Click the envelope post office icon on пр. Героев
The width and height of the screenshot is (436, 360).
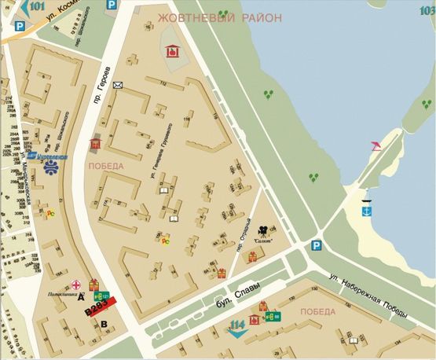(x=118, y=85)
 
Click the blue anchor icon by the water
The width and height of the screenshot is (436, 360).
(x=366, y=210)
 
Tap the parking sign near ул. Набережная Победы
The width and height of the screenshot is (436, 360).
(x=315, y=244)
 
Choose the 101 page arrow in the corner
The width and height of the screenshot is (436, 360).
(x=30, y=9)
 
